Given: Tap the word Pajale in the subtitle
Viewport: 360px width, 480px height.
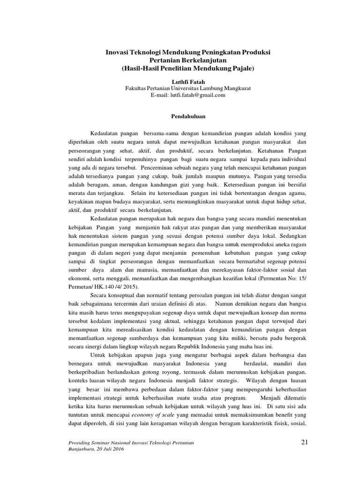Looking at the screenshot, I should pyautogui.click(x=241, y=68).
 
